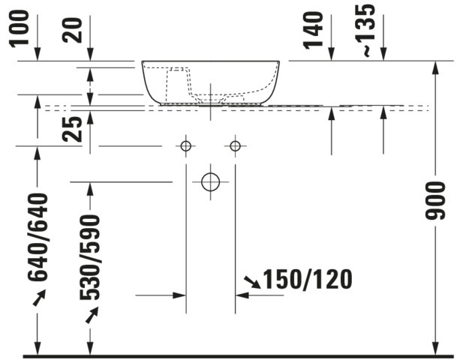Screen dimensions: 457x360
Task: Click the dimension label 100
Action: pos(20,28)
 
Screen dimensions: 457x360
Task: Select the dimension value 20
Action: pos(73,30)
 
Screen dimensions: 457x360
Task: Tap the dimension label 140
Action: pos(314,30)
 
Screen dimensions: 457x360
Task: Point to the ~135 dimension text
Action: pos(365,29)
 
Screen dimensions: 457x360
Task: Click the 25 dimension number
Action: pos(73,129)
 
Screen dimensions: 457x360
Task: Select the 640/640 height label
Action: pos(38,237)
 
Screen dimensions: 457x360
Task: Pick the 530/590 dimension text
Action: pos(89,257)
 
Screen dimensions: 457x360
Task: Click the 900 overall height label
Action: pos(435,200)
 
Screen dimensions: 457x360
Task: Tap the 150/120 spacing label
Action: pos(308,279)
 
